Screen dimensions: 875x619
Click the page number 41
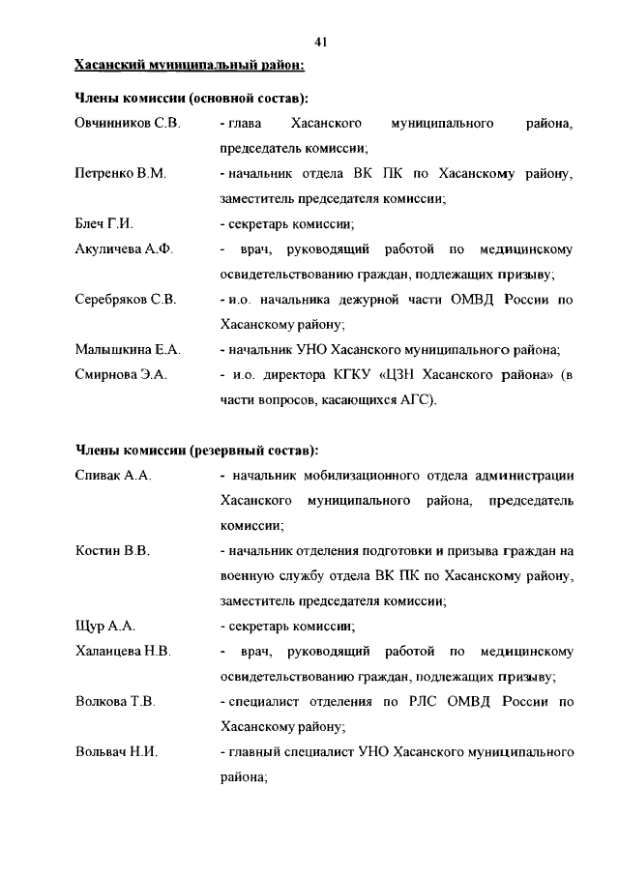pos(323,41)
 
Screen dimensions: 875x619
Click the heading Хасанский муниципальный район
pos(191,66)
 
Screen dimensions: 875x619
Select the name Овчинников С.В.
pos(127,125)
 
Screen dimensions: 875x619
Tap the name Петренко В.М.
pos(121,174)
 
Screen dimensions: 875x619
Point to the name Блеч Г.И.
pos(103,224)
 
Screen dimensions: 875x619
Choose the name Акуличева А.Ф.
pos(124,249)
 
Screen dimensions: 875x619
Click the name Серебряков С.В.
pos(126,300)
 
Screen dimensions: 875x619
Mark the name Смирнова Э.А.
pos(122,374)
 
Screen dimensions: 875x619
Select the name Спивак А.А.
pos(113,476)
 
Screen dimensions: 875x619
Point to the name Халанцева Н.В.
pos(123,652)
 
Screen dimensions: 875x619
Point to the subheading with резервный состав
pos(196,451)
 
